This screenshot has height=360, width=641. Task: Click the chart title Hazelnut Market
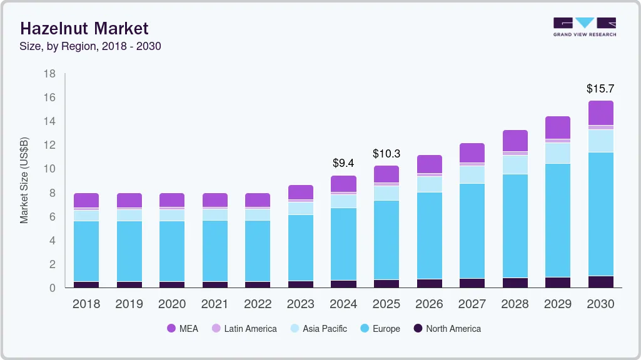click(84, 28)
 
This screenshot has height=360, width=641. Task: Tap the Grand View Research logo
click(584, 27)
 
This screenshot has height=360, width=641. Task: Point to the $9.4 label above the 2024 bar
click(343, 164)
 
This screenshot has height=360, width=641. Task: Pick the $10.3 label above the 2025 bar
click(386, 153)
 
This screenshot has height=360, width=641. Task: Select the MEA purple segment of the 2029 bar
click(558, 127)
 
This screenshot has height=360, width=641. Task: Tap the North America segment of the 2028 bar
click(515, 282)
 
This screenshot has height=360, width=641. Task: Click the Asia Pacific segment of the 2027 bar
click(472, 174)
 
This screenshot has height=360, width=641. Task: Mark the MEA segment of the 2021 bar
click(215, 200)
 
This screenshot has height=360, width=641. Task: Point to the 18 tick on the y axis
click(49, 74)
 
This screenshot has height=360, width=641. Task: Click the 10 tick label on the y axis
click(49, 169)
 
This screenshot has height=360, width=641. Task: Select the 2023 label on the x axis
click(301, 304)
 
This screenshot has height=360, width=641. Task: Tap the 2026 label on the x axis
click(429, 304)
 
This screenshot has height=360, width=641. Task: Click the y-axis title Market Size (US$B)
click(24, 181)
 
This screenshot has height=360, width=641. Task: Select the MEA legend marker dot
click(171, 328)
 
